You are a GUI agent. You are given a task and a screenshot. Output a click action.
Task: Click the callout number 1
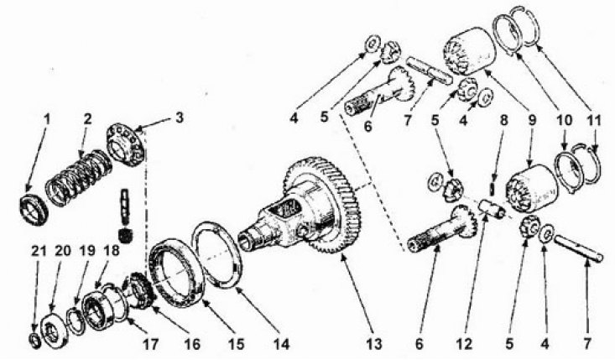(x=47, y=120)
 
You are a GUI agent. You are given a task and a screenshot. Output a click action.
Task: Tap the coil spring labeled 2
(x=79, y=178)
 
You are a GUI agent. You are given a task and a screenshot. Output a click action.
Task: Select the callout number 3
(x=180, y=118)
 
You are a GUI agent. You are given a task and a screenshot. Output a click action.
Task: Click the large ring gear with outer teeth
(x=321, y=205)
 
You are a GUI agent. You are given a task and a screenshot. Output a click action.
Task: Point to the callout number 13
(x=374, y=343)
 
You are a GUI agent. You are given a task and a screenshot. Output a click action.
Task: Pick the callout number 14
(x=281, y=343)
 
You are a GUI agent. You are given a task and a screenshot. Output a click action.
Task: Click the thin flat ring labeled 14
(x=216, y=255)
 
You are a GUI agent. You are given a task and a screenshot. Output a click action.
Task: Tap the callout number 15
(x=236, y=343)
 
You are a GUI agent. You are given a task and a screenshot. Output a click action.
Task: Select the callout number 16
(x=191, y=344)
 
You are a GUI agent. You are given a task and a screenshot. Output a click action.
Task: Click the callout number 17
(x=150, y=344)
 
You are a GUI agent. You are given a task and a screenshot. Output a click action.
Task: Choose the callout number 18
(x=111, y=251)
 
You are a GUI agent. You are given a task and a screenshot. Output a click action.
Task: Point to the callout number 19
(x=87, y=251)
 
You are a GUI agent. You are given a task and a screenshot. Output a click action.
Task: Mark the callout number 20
(x=63, y=251)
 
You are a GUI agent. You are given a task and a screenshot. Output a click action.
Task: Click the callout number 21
(x=39, y=251)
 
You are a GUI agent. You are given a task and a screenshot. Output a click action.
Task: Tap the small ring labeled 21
(x=35, y=341)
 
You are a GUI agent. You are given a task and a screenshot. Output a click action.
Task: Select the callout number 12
(x=464, y=343)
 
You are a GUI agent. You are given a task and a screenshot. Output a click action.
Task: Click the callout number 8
(x=503, y=120)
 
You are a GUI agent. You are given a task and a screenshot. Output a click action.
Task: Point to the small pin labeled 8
(x=493, y=187)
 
